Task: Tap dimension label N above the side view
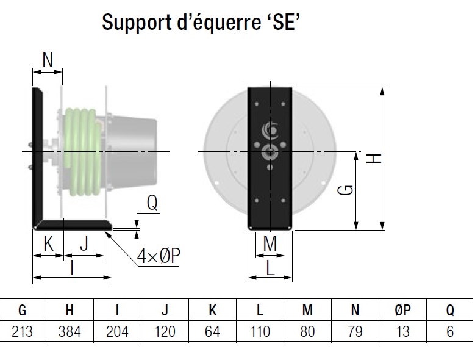pyautogui.click(x=48, y=60)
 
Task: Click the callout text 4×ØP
pyautogui.click(x=158, y=256)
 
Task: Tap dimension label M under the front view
pyautogui.click(x=270, y=243)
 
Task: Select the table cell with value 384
pyautogui.click(x=70, y=331)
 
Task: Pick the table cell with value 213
pyautogui.click(x=23, y=331)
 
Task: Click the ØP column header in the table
pyautogui.click(x=402, y=311)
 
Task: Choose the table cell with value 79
pyautogui.click(x=355, y=331)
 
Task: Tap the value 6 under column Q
pyautogui.click(x=450, y=331)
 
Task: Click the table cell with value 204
pyautogui.click(x=118, y=331)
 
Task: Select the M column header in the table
pyautogui.click(x=307, y=311)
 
